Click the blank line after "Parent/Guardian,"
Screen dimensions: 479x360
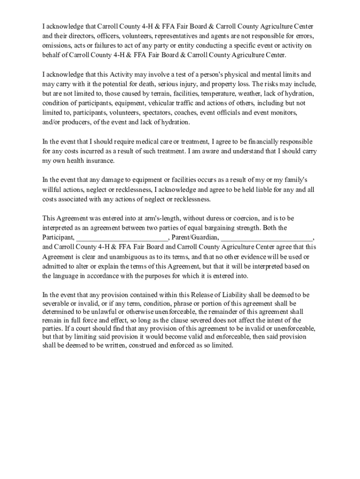(x=266, y=238)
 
